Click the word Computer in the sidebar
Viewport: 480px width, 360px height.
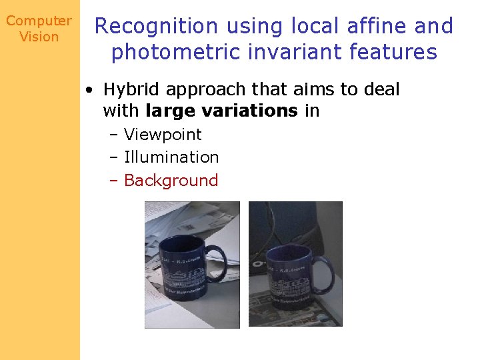click(x=39, y=21)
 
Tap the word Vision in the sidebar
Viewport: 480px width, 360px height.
click(x=39, y=37)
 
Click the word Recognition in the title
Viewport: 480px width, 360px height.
click(x=157, y=27)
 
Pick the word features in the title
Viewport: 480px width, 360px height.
click(x=396, y=51)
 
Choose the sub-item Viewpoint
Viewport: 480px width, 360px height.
click(x=163, y=135)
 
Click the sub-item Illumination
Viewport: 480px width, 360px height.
click(x=171, y=157)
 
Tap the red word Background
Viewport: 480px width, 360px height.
click(x=171, y=180)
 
